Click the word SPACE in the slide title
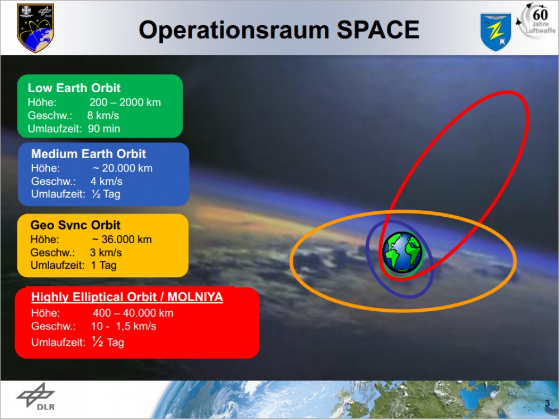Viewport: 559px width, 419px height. click(378, 30)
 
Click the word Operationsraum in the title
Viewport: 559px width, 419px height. click(234, 31)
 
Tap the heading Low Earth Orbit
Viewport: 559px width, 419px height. click(74, 88)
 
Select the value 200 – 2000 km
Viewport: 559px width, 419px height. click(125, 103)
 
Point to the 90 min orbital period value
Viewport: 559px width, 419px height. click(104, 128)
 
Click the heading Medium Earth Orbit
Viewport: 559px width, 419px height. click(88, 154)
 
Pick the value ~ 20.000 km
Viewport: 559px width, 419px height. click(122, 168)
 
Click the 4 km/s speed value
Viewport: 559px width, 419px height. click(106, 182)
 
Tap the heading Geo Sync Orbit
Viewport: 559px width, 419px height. click(75, 225)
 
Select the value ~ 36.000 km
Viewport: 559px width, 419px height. click(122, 240)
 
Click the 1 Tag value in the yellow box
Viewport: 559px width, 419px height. click(104, 265)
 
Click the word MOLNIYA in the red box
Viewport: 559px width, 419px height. click(195, 297)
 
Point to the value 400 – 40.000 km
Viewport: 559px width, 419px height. click(133, 313)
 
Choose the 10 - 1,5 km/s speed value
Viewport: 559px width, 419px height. click(124, 326)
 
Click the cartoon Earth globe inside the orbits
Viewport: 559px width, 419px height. click(402, 253)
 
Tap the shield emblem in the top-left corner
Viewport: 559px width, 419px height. click(35, 28)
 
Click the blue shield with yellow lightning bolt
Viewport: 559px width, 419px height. click(496, 32)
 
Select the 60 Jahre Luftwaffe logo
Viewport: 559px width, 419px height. click(536, 20)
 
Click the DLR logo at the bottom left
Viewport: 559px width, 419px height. click(36, 397)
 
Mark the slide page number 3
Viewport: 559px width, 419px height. click(547, 403)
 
